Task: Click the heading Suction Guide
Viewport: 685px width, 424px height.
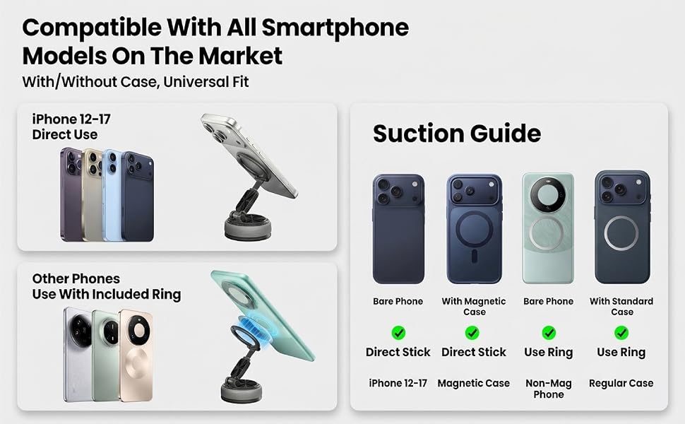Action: [456, 134]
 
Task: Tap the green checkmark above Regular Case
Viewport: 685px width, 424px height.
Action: [621, 333]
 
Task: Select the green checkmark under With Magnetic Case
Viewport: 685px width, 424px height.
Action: [472, 333]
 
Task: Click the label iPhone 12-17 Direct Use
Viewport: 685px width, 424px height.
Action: [71, 126]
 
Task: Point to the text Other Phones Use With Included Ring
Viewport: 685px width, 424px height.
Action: [106, 287]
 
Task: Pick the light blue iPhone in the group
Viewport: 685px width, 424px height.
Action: [113, 195]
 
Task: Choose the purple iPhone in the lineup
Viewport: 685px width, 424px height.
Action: [71, 194]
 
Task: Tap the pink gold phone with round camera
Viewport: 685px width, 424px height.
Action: [136, 355]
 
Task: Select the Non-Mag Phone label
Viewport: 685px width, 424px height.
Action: [548, 389]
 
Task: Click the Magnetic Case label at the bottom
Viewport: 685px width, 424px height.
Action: [474, 383]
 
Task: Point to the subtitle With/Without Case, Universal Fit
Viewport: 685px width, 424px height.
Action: [136, 82]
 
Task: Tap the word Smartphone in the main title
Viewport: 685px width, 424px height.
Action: [335, 28]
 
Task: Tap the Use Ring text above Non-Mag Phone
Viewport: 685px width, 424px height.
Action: [548, 353]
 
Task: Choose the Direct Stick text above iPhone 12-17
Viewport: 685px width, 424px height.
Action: [398, 352]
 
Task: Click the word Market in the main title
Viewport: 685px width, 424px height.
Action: [240, 57]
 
